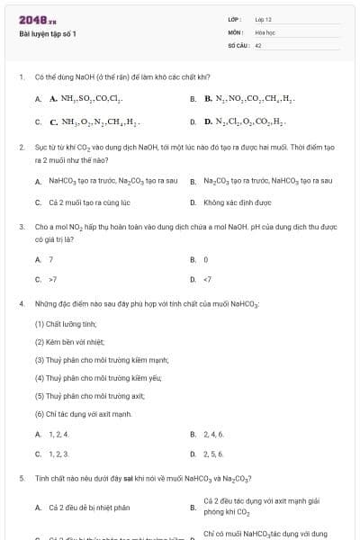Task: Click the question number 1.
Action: tap(22, 77)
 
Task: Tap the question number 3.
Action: tap(22, 228)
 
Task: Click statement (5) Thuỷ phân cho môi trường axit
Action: tap(85, 395)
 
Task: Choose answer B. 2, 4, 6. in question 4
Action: tap(212, 434)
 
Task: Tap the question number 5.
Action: tap(22, 479)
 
